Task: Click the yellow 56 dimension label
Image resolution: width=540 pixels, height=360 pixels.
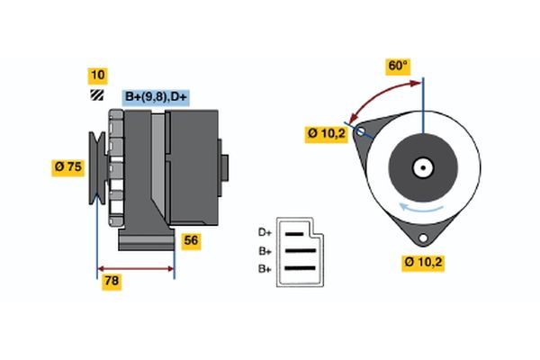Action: tap(191, 240)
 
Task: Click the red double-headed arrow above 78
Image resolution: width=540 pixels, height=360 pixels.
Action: tap(136, 268)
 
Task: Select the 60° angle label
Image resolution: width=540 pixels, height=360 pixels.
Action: tap(398, 66)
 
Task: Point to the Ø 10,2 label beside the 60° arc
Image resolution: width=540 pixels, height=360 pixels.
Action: tap(327, 134)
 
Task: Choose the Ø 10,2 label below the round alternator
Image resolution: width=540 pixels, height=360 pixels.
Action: tap(423, 262)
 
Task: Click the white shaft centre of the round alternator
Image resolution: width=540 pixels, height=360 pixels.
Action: tap(422, 166)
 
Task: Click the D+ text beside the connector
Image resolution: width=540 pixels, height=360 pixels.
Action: tap(265, 233)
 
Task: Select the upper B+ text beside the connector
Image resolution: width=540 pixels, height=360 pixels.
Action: tap(265, 251)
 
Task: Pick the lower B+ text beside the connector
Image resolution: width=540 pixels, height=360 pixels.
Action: tap(265, 268)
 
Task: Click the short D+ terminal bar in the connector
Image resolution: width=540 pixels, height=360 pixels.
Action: tap(294, 233)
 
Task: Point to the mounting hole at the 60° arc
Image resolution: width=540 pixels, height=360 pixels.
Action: tap(362, 132)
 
